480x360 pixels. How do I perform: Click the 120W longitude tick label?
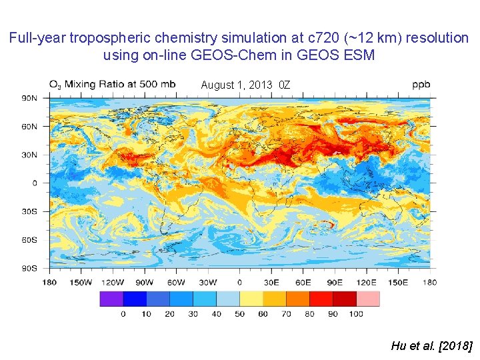point(113,282)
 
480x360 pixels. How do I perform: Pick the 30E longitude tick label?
point(271,282)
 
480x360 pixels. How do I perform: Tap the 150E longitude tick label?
point(398,282)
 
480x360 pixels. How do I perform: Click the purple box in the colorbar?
point(111,299)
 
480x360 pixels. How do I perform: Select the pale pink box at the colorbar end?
point(367,299)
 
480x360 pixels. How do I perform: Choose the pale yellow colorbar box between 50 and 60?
point(251,299)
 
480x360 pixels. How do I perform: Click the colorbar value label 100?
point(356,314)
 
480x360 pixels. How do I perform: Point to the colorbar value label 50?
point(239,314)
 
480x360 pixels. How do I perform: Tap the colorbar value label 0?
point(123,314)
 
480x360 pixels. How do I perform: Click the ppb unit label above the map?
point(421,85)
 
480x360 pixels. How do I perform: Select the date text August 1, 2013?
point(236,85)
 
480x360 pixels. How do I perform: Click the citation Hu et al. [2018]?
point(431,345)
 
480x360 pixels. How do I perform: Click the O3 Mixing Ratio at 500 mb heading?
point(112,85)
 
